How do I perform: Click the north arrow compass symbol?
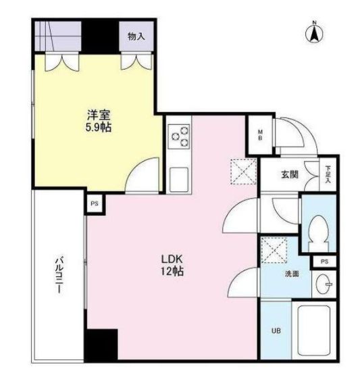tap(314, 32)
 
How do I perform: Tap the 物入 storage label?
tap(136, 36)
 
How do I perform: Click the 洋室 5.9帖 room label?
tap(99, 121)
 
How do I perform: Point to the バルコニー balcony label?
tap(59, 276)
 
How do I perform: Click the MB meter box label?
tap(260, 135)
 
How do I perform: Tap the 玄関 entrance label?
tap(290, 175)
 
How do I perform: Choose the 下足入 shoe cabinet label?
tap(328, 174)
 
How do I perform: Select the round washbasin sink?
tap(324, 284)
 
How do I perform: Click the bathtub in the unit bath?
tap(314, 330)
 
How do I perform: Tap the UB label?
tap(276, 331)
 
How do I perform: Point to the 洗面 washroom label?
tap(292, 274)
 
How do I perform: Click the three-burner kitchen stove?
tap(180, 136)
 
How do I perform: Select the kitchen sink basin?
tap(179, 180)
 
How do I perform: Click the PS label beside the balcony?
tap(95, 203)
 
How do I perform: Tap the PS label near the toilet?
tap(324, 261)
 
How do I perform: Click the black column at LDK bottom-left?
tap(102, 345)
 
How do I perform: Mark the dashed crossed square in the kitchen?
tap(243, 172)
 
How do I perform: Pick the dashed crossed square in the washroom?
tap(274, 250)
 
